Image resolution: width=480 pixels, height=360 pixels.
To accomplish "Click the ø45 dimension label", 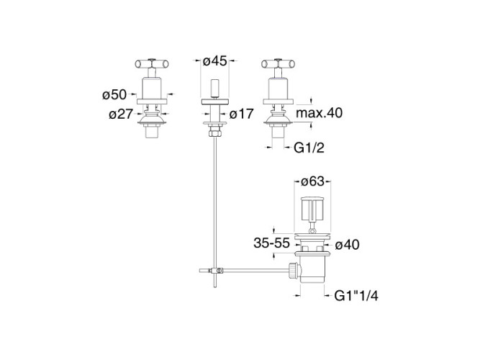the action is [215, 61].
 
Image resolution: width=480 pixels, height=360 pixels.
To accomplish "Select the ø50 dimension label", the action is [114, 94].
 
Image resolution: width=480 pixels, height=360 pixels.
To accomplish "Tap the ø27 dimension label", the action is [121, 114].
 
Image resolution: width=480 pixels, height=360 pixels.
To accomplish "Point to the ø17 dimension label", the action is [242, 114].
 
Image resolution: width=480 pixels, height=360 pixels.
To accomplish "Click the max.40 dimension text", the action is [320, 113].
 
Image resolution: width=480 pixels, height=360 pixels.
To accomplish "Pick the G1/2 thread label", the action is [309, 148].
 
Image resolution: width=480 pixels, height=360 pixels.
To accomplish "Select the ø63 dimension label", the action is [312, 181].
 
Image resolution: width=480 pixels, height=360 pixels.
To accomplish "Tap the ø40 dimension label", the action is [347, 245].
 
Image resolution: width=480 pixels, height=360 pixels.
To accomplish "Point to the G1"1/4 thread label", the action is [356, 296].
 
